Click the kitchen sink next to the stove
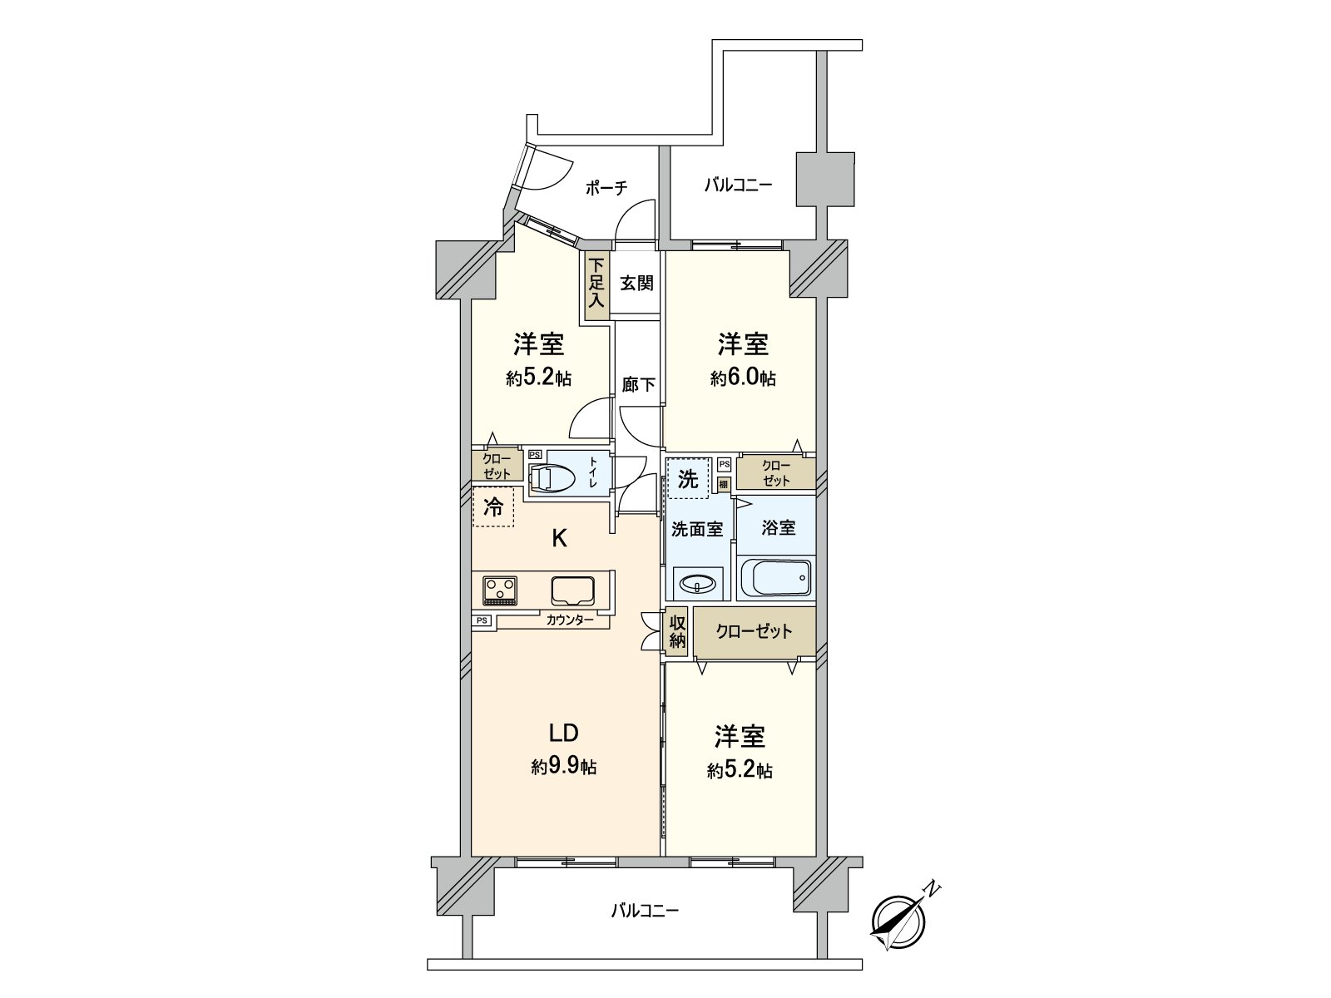point(572,590)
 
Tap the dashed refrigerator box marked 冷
point(493,507)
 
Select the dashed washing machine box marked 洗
point(688,479)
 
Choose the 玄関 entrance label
point(636,283)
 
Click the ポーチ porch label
point(606,189)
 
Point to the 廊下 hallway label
point(639,384)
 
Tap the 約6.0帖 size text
point(743,378)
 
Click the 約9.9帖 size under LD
point(564,767)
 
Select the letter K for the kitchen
point(561,539)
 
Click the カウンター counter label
point(570,620)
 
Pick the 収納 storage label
point(677,632)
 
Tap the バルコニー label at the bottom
point(645,911)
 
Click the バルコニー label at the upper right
point(738,185)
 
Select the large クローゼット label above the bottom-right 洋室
point(755,632)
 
